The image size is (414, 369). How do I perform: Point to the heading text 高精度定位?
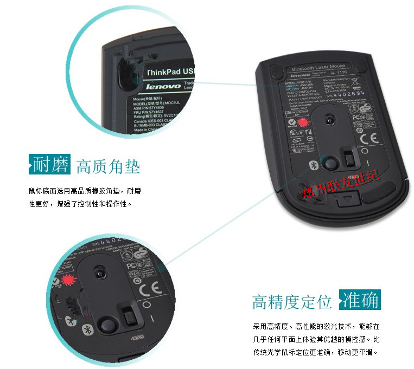(x=291, y=301)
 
